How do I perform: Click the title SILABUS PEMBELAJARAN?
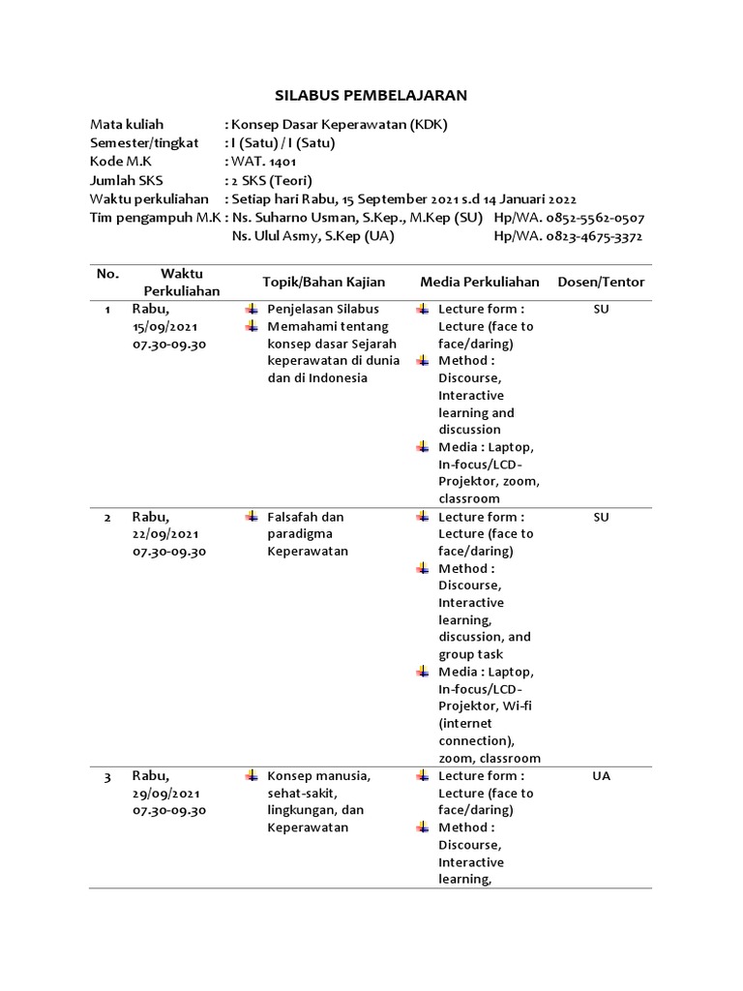(371, 95)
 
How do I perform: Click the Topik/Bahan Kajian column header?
(323, 282)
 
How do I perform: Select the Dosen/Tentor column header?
(601, 282)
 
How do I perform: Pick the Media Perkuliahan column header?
(479, 282)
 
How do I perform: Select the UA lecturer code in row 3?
(601, 776)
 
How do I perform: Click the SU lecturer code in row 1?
(601, 309)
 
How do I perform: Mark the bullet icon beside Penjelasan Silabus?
(252, 309)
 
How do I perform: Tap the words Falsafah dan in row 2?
(305, 517)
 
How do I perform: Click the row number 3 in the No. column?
(107, 776)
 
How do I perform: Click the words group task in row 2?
(470, 654)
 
